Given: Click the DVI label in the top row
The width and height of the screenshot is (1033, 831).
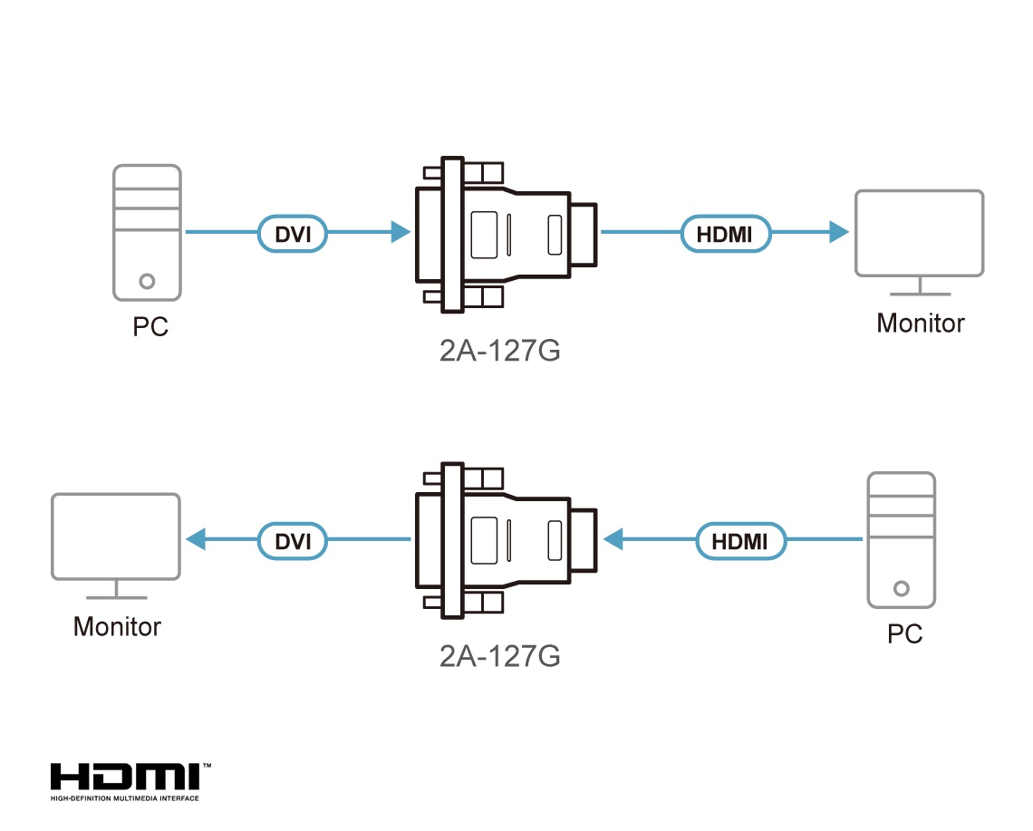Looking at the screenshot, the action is coord(293,233).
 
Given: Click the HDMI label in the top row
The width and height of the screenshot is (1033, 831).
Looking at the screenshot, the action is coord(725,233).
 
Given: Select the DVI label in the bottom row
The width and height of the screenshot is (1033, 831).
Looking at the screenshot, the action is coord(293,541).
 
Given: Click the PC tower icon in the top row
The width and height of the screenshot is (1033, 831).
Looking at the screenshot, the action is coord(147,233).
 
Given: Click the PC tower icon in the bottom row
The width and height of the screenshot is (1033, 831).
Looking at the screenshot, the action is coord(902,540).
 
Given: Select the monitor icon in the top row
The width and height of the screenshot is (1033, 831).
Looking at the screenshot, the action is coord(920,243).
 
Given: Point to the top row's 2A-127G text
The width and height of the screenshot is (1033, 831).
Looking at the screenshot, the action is coord(500,351).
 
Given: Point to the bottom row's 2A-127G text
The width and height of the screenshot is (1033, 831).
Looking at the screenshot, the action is coord(500,656).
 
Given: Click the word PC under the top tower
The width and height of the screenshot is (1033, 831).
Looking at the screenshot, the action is coord(150,327).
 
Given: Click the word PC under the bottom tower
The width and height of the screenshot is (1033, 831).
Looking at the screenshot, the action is coord(904,634).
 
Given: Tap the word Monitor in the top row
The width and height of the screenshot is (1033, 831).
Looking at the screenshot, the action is coord(921,323).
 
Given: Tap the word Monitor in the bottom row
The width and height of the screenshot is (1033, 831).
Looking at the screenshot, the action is coord(117,627).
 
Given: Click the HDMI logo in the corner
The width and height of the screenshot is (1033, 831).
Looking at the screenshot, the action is coord(131,782).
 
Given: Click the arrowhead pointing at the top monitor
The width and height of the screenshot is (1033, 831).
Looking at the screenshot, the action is coord(839,232).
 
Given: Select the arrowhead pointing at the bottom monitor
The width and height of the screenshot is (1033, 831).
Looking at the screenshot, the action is coord(196,539).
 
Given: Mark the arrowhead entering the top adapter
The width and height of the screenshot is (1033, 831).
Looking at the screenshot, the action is coord(401,232).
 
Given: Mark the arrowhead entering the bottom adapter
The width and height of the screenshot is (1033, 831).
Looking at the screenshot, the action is coord(613,539).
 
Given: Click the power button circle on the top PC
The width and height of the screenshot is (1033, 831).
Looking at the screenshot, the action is coord(147,282).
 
